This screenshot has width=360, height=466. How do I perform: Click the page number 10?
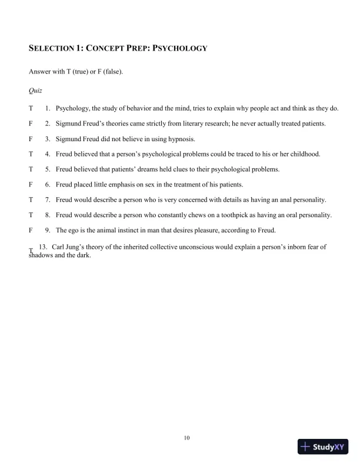click(x=186, y=437)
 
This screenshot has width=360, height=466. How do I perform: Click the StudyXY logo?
click(x=323, y=447)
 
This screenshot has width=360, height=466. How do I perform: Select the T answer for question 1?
click(x=30, y=108)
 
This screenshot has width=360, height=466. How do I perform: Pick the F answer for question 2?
click(x=30, y=124)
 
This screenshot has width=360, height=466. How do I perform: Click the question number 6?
click(x=48, y=185)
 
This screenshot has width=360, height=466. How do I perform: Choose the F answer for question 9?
click(x=30, y=231)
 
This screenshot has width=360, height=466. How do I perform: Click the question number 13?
click(x=42, y=247)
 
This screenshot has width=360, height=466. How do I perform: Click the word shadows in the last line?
click(x=41, y=255)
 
